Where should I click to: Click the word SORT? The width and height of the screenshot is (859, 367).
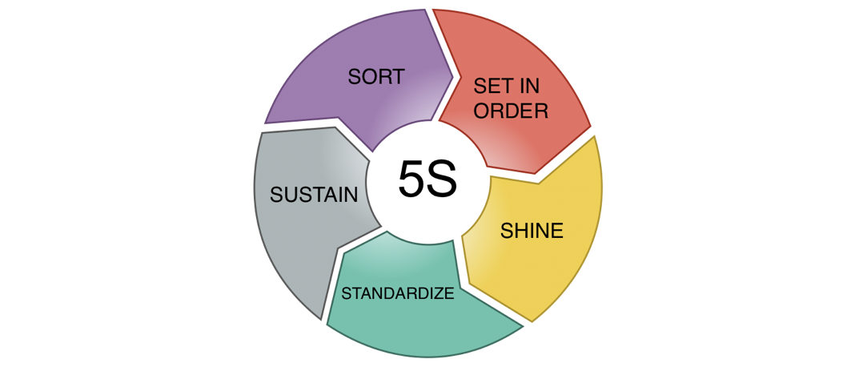coord(375,77)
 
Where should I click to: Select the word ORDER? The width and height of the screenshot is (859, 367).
coord(511,111)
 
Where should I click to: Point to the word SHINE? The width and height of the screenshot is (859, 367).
coord(532,231)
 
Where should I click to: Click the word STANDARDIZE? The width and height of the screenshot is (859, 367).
coord(398,292)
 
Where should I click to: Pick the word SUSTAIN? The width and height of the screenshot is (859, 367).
coord(314,195)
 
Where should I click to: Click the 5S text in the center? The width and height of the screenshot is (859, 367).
coord(427,181)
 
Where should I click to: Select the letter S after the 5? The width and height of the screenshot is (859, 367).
coord(442,181)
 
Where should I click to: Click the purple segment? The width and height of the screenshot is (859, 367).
coord(336,88)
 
